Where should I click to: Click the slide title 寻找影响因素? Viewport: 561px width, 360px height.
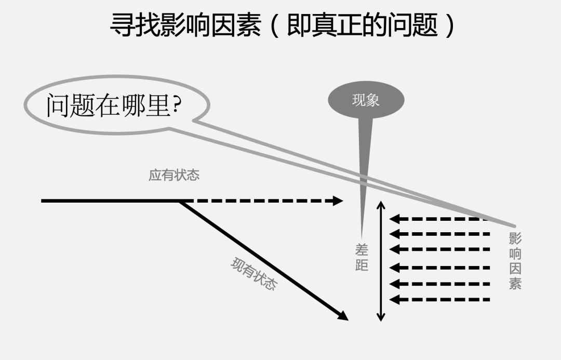(185, 25)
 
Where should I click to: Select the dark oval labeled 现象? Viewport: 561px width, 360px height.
(366, 100)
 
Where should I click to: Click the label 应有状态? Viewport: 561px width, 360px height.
(174, 175)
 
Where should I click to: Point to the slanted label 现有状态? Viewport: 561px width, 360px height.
(253, 274)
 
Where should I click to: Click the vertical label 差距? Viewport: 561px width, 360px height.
(362, 258)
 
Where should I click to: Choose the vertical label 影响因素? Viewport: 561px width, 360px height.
(515, 261)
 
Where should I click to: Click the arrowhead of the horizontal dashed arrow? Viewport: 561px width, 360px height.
(338, 201)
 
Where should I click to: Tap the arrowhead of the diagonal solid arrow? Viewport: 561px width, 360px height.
(342, 315)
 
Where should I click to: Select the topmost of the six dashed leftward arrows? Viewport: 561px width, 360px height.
(439, 219)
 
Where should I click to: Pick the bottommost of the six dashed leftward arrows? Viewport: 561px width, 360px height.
(439, 299)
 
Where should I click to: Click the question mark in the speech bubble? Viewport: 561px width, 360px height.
(177, 105)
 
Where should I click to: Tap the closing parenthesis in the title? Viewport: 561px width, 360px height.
(450, 25)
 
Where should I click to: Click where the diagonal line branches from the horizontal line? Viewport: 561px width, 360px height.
(180, 201)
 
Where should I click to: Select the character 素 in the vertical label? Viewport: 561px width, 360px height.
(515, 283)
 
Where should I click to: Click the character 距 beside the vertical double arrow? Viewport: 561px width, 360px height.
(362, 265)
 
